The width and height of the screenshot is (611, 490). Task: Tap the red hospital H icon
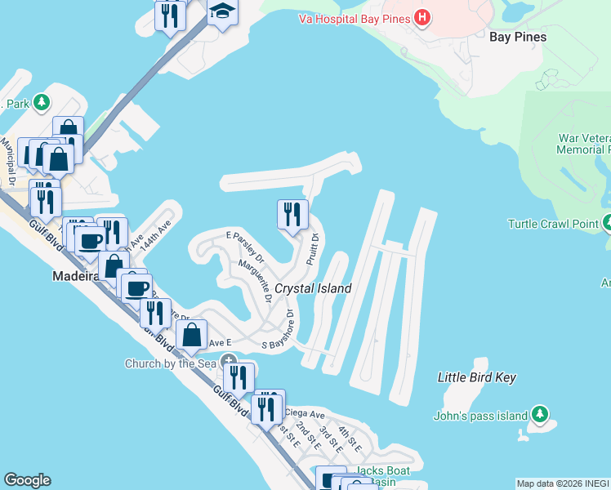[421, 16]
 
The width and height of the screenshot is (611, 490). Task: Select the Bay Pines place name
[517, 37]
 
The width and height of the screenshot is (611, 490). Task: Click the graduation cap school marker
[221, 12]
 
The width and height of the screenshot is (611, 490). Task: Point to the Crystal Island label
[313, 288]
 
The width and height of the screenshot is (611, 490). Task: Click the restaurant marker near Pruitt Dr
[293, 215]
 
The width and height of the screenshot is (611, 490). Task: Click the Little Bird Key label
[477, 377]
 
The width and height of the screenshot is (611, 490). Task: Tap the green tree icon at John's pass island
[539, 415]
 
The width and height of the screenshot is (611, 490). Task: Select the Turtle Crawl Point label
[553, 224]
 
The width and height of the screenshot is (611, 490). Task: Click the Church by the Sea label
[172, 363]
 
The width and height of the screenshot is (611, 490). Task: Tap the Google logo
[27, 480]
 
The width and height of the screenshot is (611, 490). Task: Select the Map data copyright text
[563, 483]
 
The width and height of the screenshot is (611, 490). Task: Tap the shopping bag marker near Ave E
[192, 334]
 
